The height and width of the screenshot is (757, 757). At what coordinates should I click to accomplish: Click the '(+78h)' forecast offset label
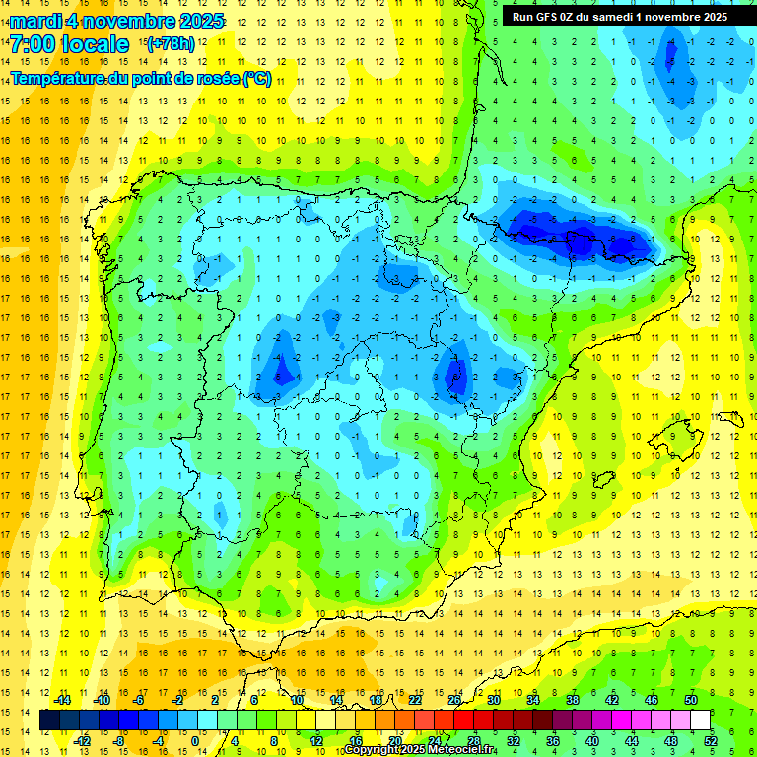[171, 44]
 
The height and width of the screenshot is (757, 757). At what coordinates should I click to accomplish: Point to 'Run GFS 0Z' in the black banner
[545, 16]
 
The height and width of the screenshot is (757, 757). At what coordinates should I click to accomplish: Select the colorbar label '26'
[454, 700]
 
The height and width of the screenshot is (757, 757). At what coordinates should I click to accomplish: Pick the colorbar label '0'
[194, 741]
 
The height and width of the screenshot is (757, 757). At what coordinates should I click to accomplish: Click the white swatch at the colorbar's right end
[701, 721]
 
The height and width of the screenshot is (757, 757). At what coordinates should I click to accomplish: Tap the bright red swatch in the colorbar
[464, 721]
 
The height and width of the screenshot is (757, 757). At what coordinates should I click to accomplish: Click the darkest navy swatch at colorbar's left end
[49, 721]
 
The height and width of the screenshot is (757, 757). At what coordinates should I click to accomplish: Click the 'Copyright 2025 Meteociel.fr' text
[419, 750]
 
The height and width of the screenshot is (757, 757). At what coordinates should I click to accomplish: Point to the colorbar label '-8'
[120, 741]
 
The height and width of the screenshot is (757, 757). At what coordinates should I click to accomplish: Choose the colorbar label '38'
[573, 700]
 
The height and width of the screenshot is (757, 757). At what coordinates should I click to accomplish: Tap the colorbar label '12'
[316, 741]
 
